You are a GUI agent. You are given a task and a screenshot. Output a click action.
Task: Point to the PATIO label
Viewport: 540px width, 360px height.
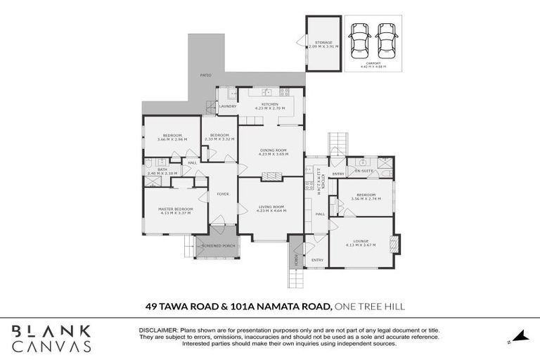click(205, 74)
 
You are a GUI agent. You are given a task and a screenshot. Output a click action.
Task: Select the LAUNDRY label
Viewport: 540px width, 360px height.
click(227, 106)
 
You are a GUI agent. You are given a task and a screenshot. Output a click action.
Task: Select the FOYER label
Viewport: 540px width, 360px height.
click(223, 194)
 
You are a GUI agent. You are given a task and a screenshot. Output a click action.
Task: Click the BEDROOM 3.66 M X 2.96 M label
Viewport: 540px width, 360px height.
click(172, 138)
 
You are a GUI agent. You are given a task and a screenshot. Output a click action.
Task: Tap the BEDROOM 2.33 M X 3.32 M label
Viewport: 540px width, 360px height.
click(219, 136)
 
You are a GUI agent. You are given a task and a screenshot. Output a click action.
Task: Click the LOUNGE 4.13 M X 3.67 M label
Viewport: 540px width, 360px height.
click(361, 243)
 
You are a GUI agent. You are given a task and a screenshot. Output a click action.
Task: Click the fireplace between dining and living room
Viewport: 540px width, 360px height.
click(270, 176)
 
